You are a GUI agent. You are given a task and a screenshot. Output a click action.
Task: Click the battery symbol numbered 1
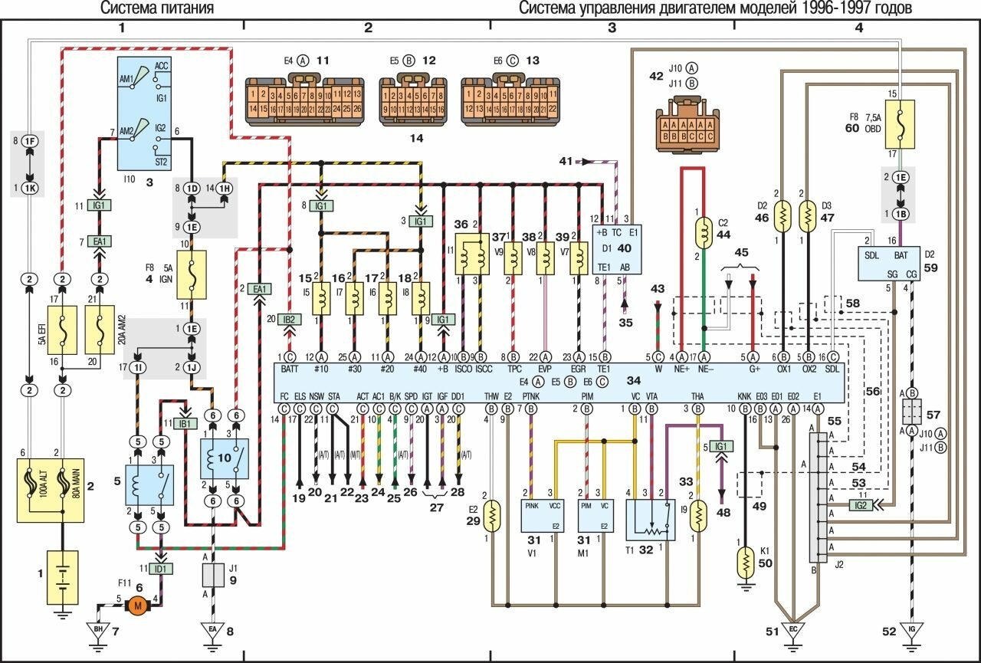[61, 576]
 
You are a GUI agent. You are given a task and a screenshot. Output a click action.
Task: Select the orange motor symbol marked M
[139, 605]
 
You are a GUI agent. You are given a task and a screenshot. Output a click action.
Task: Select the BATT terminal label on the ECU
[290, 369]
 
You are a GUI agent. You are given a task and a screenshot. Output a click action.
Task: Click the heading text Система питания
[157, 8]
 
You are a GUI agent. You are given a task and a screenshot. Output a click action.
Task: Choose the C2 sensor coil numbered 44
[703, 230]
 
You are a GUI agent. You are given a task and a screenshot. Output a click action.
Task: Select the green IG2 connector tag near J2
[861, 505]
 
